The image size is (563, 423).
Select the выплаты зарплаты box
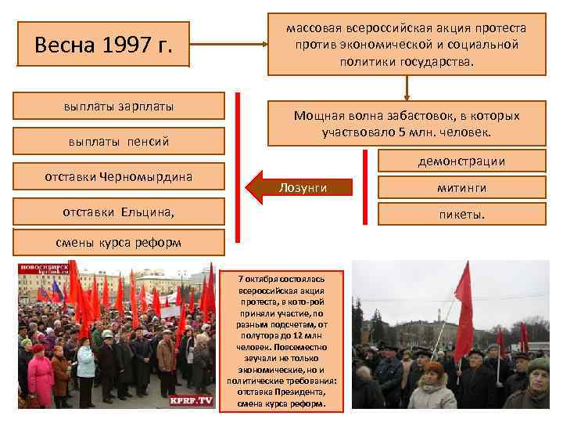tap(120, 107)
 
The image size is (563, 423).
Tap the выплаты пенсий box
tap(120, 142)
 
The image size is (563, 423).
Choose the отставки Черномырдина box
tap(120, 176)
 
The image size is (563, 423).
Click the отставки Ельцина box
tap(120, 211)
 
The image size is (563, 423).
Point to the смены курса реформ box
tap(120, 242)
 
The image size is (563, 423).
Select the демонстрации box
tap(461, 161)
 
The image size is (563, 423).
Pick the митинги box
tap(461, 188)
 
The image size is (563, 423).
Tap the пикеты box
tap(461, 212)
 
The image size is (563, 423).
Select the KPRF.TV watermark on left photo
tap(192, 400)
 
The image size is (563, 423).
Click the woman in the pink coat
tap(41, 377)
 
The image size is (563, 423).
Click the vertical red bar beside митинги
tap(365, 188)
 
